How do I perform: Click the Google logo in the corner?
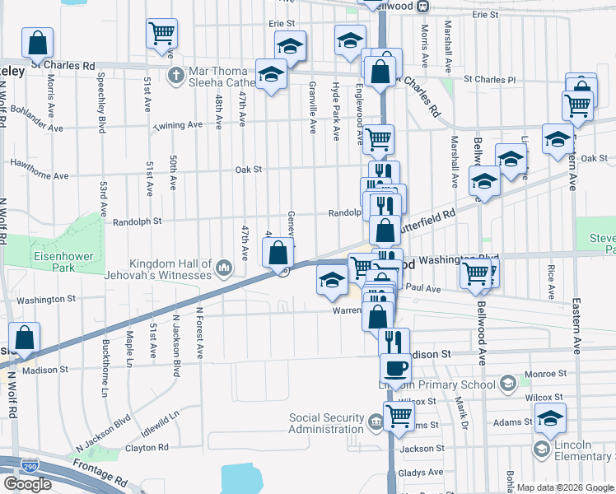point(27,484)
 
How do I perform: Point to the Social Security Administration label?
point(326,423)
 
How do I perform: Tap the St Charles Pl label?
point(489,80)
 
